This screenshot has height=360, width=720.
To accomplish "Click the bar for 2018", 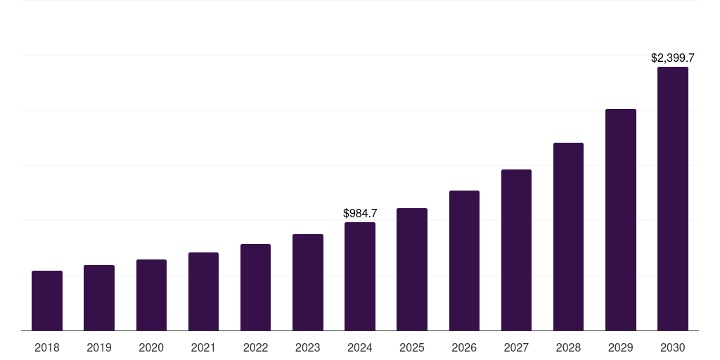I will (x=47, y=300).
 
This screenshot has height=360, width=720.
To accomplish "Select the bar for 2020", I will (x=151, y=295).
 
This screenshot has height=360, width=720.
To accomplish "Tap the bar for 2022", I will (x=255, y=287).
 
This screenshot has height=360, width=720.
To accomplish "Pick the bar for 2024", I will (x=360, y=276).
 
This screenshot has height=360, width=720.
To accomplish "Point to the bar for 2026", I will (x=464, y=260).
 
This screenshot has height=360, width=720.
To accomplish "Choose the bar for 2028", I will (x=568, y=236).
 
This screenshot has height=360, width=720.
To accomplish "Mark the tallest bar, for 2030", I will (x=673, y=198).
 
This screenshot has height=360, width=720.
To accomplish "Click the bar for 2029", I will (x=621, y=219).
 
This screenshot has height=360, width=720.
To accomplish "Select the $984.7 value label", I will (x=360, y=213).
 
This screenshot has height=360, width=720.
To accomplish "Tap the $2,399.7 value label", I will (x=673, y=58).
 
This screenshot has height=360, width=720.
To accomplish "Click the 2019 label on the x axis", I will (x=99, y=347).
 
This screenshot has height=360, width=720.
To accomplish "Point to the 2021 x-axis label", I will (x=203, y=347).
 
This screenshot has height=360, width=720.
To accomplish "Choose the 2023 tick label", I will (x=308, y=347).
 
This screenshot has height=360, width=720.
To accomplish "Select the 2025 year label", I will (x=412, y=347).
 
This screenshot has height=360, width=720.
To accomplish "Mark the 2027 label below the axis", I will (x=516, y=347).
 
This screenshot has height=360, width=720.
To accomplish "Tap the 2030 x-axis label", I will (x=673, y=347).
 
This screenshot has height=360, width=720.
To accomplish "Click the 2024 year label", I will (x=360, y=347).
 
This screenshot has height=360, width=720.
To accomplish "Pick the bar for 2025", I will (x=412, y=269).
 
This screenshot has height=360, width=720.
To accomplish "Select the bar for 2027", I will (x=516, y=250).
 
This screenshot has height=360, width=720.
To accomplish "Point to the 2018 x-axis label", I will (x=47, y=347).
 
